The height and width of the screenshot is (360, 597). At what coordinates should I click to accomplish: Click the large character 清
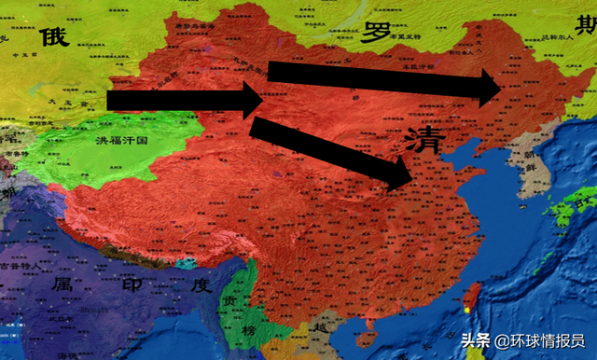pyautogui.click(x=425, y=140)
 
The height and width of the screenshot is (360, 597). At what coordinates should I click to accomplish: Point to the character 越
pyautogui.click(x=323, y=329)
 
